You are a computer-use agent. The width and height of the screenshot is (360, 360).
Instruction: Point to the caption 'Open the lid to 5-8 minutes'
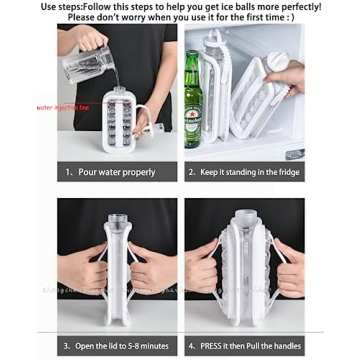[x=117, y=346]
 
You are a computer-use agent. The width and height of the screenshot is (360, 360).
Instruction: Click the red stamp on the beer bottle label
[x=194, y=108]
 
